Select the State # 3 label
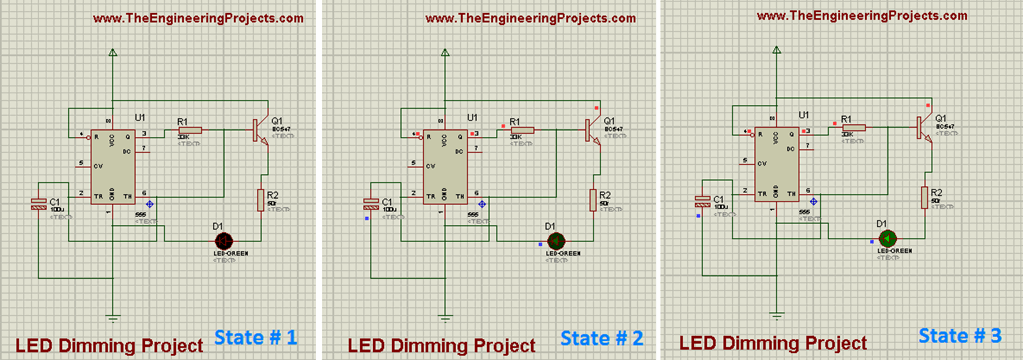tap(959, 335)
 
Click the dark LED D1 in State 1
tap(225, 240)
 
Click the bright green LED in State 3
tap(886, 238)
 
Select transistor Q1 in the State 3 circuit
tap(923, 126)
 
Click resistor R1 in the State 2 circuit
tap(522, 130)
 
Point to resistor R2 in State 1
tap(262, 200)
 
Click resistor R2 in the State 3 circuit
tap(924, 197)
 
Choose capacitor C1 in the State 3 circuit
tap(703, 207)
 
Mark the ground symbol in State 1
tap(113, 318)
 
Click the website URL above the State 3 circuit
tap(861, 16)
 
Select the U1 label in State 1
tap(140, 117)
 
